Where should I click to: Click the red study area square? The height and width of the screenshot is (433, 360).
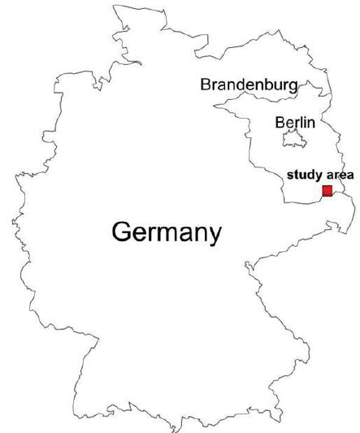pyautogui.click(x=327, y=191)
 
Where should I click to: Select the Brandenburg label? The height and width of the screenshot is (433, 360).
pyautogui.click(x=249, y=84)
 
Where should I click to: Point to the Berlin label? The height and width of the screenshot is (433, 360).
pyautogui.click(x=293, y=122)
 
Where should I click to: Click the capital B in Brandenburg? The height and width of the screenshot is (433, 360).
pyautogui.click(x=206, y=84)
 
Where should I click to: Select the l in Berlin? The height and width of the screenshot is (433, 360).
pyautogui.click(x=300, y=122)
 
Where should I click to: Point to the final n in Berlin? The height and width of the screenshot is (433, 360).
pyautogui.click(x=310, y=123)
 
